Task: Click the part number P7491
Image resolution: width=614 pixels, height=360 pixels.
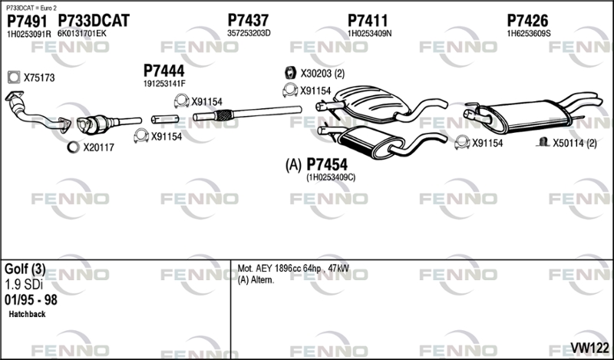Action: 27,21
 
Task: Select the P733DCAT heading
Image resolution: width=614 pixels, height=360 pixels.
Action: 94,21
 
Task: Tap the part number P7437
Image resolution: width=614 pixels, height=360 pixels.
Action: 248,20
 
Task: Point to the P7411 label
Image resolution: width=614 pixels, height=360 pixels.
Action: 368,21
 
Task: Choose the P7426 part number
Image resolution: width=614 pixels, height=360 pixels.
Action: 527,21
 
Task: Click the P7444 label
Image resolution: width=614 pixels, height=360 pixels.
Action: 163,71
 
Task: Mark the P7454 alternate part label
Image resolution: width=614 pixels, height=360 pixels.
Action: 327,164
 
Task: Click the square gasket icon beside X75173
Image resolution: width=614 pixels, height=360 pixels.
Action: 14,78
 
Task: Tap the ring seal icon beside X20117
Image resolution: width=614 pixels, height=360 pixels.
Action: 73,147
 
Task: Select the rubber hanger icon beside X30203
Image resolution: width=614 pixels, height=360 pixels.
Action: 290,73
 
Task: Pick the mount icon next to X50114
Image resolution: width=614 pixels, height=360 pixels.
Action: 543,142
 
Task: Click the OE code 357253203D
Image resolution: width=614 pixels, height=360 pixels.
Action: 249,33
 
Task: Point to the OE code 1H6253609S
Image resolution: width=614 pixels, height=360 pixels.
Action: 529,34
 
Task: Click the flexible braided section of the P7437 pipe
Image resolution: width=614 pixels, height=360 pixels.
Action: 223,115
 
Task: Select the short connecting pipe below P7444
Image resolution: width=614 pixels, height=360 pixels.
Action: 165,119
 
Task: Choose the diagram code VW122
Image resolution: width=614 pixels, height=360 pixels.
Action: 589,348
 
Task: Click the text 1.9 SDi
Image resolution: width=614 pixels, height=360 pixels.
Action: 24,285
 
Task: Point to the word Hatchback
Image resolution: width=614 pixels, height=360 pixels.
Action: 27,314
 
